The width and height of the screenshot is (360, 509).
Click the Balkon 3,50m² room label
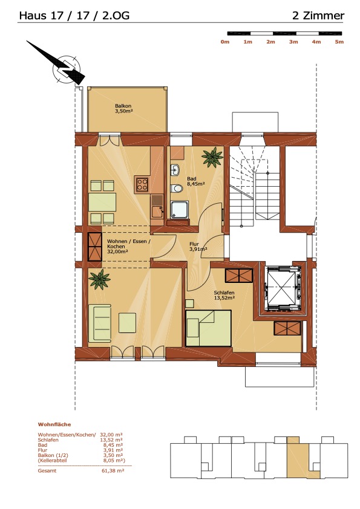click(x=123, y=108)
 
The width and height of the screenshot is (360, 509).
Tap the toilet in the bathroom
click(x=177, y=188)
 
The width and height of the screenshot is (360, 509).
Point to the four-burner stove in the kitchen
click(x=142, y=184)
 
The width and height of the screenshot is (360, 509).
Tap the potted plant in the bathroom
click(x=212, y=157)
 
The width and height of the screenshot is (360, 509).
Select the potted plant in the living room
click(x=99, y=279)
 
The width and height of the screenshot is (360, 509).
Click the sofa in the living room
click(x=100, y=323)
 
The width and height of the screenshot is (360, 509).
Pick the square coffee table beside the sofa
click(x=128, y=323)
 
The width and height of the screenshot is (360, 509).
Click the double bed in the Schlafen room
click(x=208, y=328)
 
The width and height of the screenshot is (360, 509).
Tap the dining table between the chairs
click(x=102, y=202)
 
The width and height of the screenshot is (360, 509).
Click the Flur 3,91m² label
click(x=198, y=247)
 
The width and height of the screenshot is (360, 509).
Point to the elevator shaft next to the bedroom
click(x=281, y=288)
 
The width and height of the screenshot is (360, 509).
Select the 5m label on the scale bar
click(x=339, y=42)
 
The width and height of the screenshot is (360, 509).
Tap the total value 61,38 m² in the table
click(x=112, y=471)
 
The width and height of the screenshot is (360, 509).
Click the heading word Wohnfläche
click(x=54, y=424)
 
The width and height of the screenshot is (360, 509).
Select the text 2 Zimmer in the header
click(x=318, y=16)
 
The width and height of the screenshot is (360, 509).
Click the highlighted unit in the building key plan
click(x=298, y=458)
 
